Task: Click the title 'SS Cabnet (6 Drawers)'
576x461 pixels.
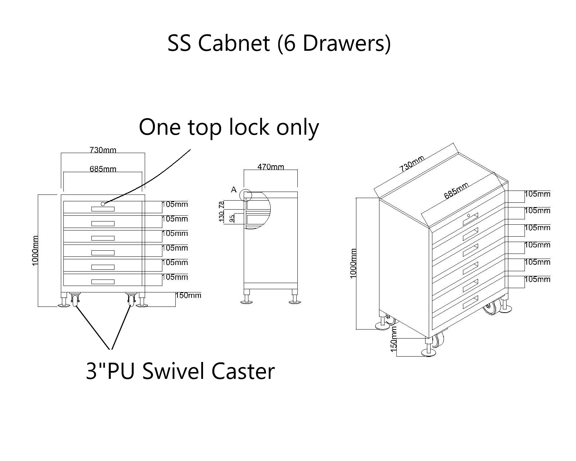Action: tap(279, 43)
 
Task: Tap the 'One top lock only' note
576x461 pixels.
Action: tap(229, 127)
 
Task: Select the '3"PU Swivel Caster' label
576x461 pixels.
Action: tap(180, 371)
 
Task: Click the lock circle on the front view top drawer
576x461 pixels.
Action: tap(103, 204)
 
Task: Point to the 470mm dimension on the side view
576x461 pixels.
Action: tap(271, 167)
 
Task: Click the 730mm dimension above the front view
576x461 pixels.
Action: tap(103, 150)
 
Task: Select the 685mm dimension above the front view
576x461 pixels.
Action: tap(103, 169)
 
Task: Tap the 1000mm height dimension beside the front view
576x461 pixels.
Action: tap(35, 251)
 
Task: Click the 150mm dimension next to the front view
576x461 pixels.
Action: tap(188, 296)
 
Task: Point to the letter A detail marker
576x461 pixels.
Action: tap(234, 189)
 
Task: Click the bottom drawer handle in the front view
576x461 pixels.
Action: tap(103, 282)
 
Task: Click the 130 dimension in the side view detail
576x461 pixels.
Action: tap(222, 216)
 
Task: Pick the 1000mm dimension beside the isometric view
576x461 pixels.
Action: tap(353, 263)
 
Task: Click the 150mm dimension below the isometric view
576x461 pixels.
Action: tap(393, 339)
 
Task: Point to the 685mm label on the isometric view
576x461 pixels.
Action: tap(456, 191)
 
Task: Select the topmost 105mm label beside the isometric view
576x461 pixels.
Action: tap(537, 194)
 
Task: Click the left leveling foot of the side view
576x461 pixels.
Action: tap(247, 299)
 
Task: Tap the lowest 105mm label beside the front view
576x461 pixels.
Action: tap(175, 277)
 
